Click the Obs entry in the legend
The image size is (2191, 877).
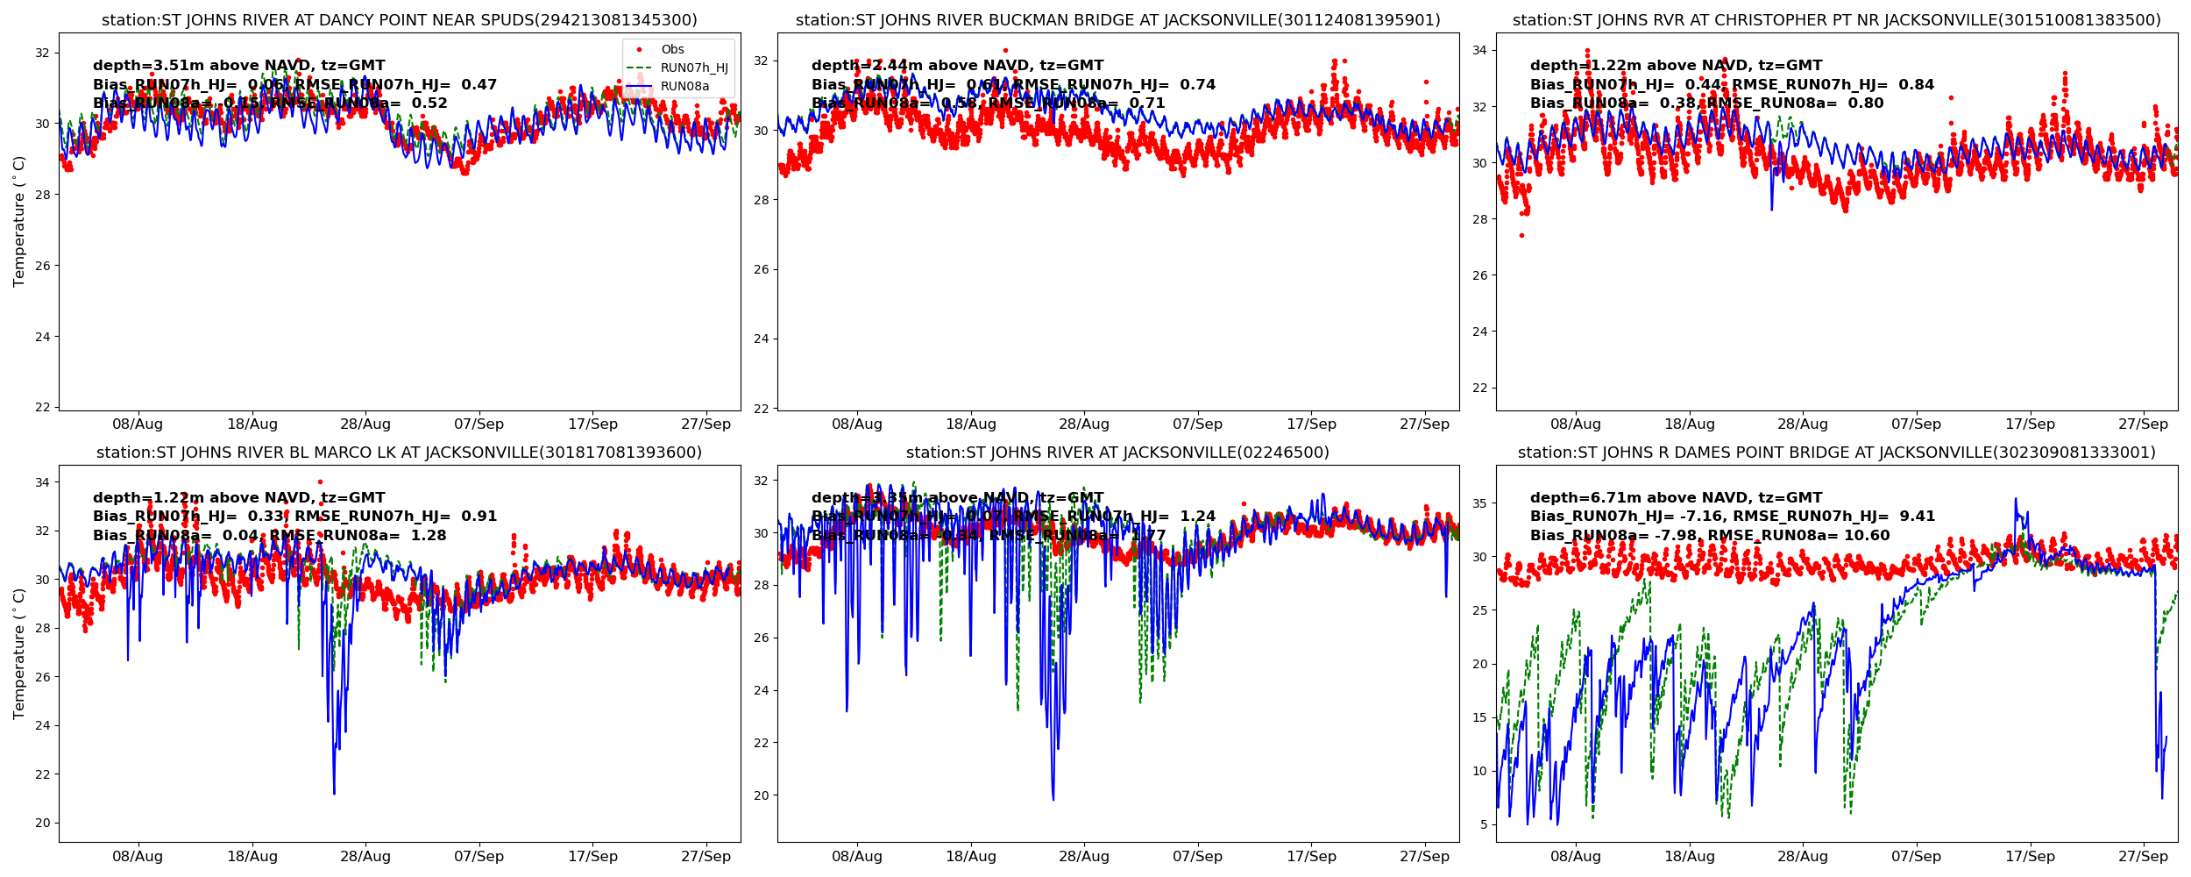[672, 50]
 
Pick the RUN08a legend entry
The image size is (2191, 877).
[684, 87]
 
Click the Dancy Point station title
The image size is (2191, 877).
[400, 20]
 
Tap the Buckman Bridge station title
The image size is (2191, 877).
[1118, 20]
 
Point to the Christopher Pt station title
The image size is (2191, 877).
[1837, 20]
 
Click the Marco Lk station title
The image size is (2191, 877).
[400, 453]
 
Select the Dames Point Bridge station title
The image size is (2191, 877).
[1837, 453]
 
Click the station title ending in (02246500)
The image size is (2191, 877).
[1118, 453]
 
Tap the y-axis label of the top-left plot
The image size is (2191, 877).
[19, 221]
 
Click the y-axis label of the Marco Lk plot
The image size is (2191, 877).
[19, 653]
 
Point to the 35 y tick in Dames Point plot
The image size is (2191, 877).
[1479, 504]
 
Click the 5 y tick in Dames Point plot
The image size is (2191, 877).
[1484, 825]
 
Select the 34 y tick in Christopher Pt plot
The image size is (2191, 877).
[1479, 51]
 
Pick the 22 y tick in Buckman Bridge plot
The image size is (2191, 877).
[761, 409]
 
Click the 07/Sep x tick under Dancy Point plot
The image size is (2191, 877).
[479, 424]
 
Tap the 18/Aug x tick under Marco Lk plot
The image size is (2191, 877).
[252, 857]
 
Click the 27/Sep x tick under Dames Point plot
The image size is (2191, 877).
[2143, 857]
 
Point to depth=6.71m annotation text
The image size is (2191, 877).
[1676, 498]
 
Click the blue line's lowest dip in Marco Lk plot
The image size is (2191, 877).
[334, 793]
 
